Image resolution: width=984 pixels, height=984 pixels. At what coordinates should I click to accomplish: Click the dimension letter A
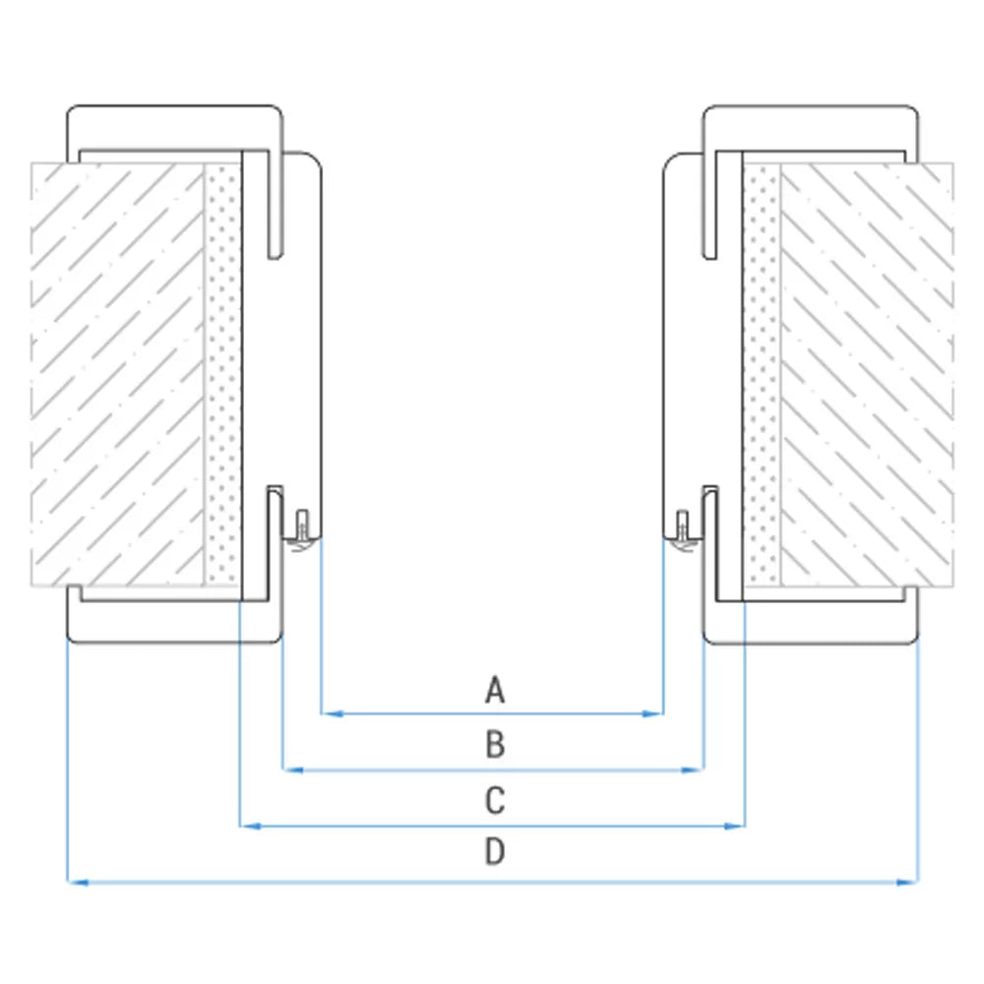pyautogui.click(x=495, y=690)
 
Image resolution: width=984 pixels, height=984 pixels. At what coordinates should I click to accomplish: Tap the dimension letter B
pyautogui.click(x=495, y=745)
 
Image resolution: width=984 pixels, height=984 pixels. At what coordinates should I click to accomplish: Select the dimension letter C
pyautogui.click(x=495, y=801)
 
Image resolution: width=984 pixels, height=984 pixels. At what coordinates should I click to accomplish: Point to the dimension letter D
pyautogui.click(x=495, y=851)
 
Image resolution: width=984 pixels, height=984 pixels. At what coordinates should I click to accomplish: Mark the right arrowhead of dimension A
pyautogui.click(x=653, y=713)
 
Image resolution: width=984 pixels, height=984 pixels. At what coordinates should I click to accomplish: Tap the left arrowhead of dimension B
pyautogui.click(x=293, y=769)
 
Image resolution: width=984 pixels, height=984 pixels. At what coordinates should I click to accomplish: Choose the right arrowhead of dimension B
pyautogui.click(x=693, y=769)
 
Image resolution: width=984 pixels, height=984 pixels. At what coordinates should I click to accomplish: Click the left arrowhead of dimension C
pyautogui.click(x=251, y=827)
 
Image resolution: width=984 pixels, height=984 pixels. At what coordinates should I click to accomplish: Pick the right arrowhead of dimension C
pyautogui.click(x=734, y=827)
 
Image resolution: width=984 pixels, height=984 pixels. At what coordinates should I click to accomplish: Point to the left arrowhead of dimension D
pyautogui.click(x=78, y=883)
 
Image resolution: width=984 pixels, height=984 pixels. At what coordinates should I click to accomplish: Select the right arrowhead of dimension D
pyautogui.click(x=907, y=883)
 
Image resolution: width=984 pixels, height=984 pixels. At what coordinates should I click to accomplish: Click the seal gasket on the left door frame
pyautogui.click(x=302, y=532)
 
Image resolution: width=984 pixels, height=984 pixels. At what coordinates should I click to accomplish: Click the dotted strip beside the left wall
pyautogui.click(x=222, y=375)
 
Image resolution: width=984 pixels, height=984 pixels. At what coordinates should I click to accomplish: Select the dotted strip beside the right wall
pyautogui.click(x=762, y=375)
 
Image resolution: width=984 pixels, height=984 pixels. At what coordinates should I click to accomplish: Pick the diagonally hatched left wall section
pyautogui.click(x=117, y=375)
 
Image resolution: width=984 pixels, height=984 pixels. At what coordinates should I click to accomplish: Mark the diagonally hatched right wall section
pyautogui.click(x=867, y=375)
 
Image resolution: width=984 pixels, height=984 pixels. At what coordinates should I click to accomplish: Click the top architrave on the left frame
pyautogui.click(x=174, y=128)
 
